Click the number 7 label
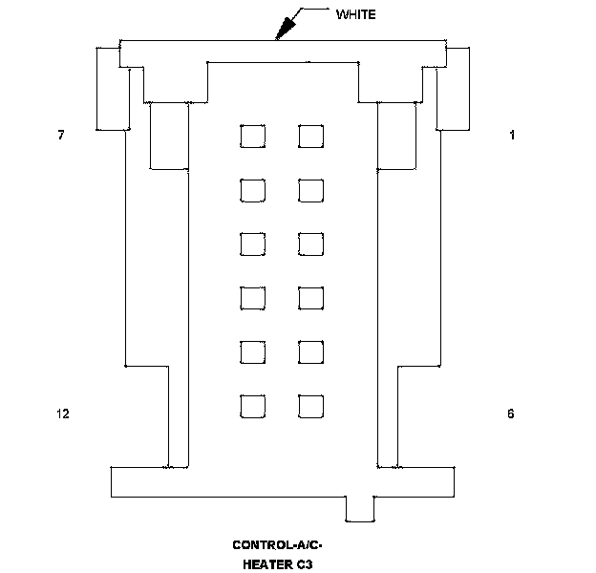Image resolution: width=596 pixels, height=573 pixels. tap(61, 136)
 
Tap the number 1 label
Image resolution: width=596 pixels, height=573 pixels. tap(512, 136)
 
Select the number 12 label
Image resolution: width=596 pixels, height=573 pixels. tap(63, 414)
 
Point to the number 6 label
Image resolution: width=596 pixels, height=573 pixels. tap(510, 414)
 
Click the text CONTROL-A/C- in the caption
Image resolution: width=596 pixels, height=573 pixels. tap(278, 545)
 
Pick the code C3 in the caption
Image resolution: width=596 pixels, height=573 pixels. tap(305, 563)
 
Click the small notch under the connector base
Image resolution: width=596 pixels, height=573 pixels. tap(359, 509)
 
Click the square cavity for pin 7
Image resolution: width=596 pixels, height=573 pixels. tap(253, 137)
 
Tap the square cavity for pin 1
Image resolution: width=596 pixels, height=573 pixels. tap(310, 137)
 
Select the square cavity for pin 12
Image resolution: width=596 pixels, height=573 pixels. tap(253, 408)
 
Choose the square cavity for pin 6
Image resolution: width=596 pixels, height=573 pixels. tap(310, 408)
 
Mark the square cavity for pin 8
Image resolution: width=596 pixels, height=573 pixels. tap(253, 191)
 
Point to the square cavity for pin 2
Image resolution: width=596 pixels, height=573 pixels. tap(310, 191)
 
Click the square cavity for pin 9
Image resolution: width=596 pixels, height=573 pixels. tap(253, 244)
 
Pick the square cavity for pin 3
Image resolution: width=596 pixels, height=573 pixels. tap(310, 244)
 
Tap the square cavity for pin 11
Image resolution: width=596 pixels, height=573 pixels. tap(253, 353)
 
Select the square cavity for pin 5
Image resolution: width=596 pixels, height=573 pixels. tap(310, 353)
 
